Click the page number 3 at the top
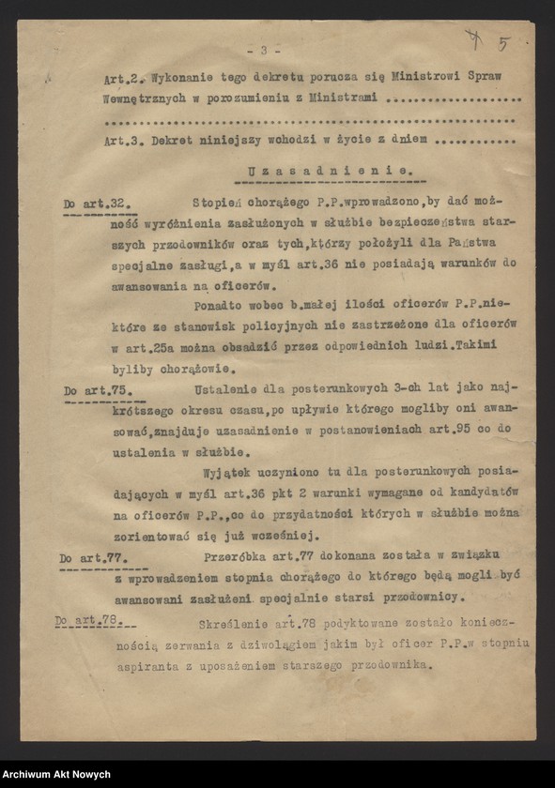[264, 50]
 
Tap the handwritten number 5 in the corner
[504, 43]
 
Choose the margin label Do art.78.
[94, 620]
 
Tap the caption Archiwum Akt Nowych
[56, 774]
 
